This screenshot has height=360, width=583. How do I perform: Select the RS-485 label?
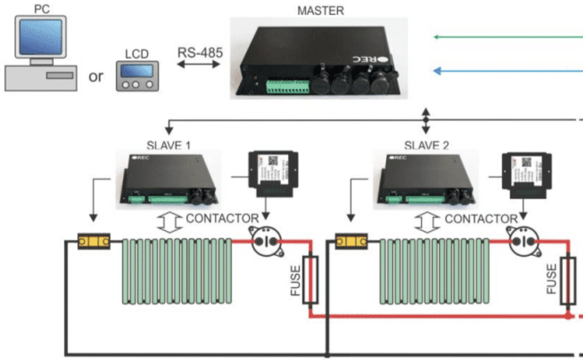pos(200,52)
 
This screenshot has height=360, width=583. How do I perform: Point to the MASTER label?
pos(320,10)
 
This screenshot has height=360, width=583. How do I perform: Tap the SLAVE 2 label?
pos(426,146)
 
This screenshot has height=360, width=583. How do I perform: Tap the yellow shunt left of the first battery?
pos(94,242)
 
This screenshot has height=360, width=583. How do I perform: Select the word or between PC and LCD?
pos(96,76)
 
